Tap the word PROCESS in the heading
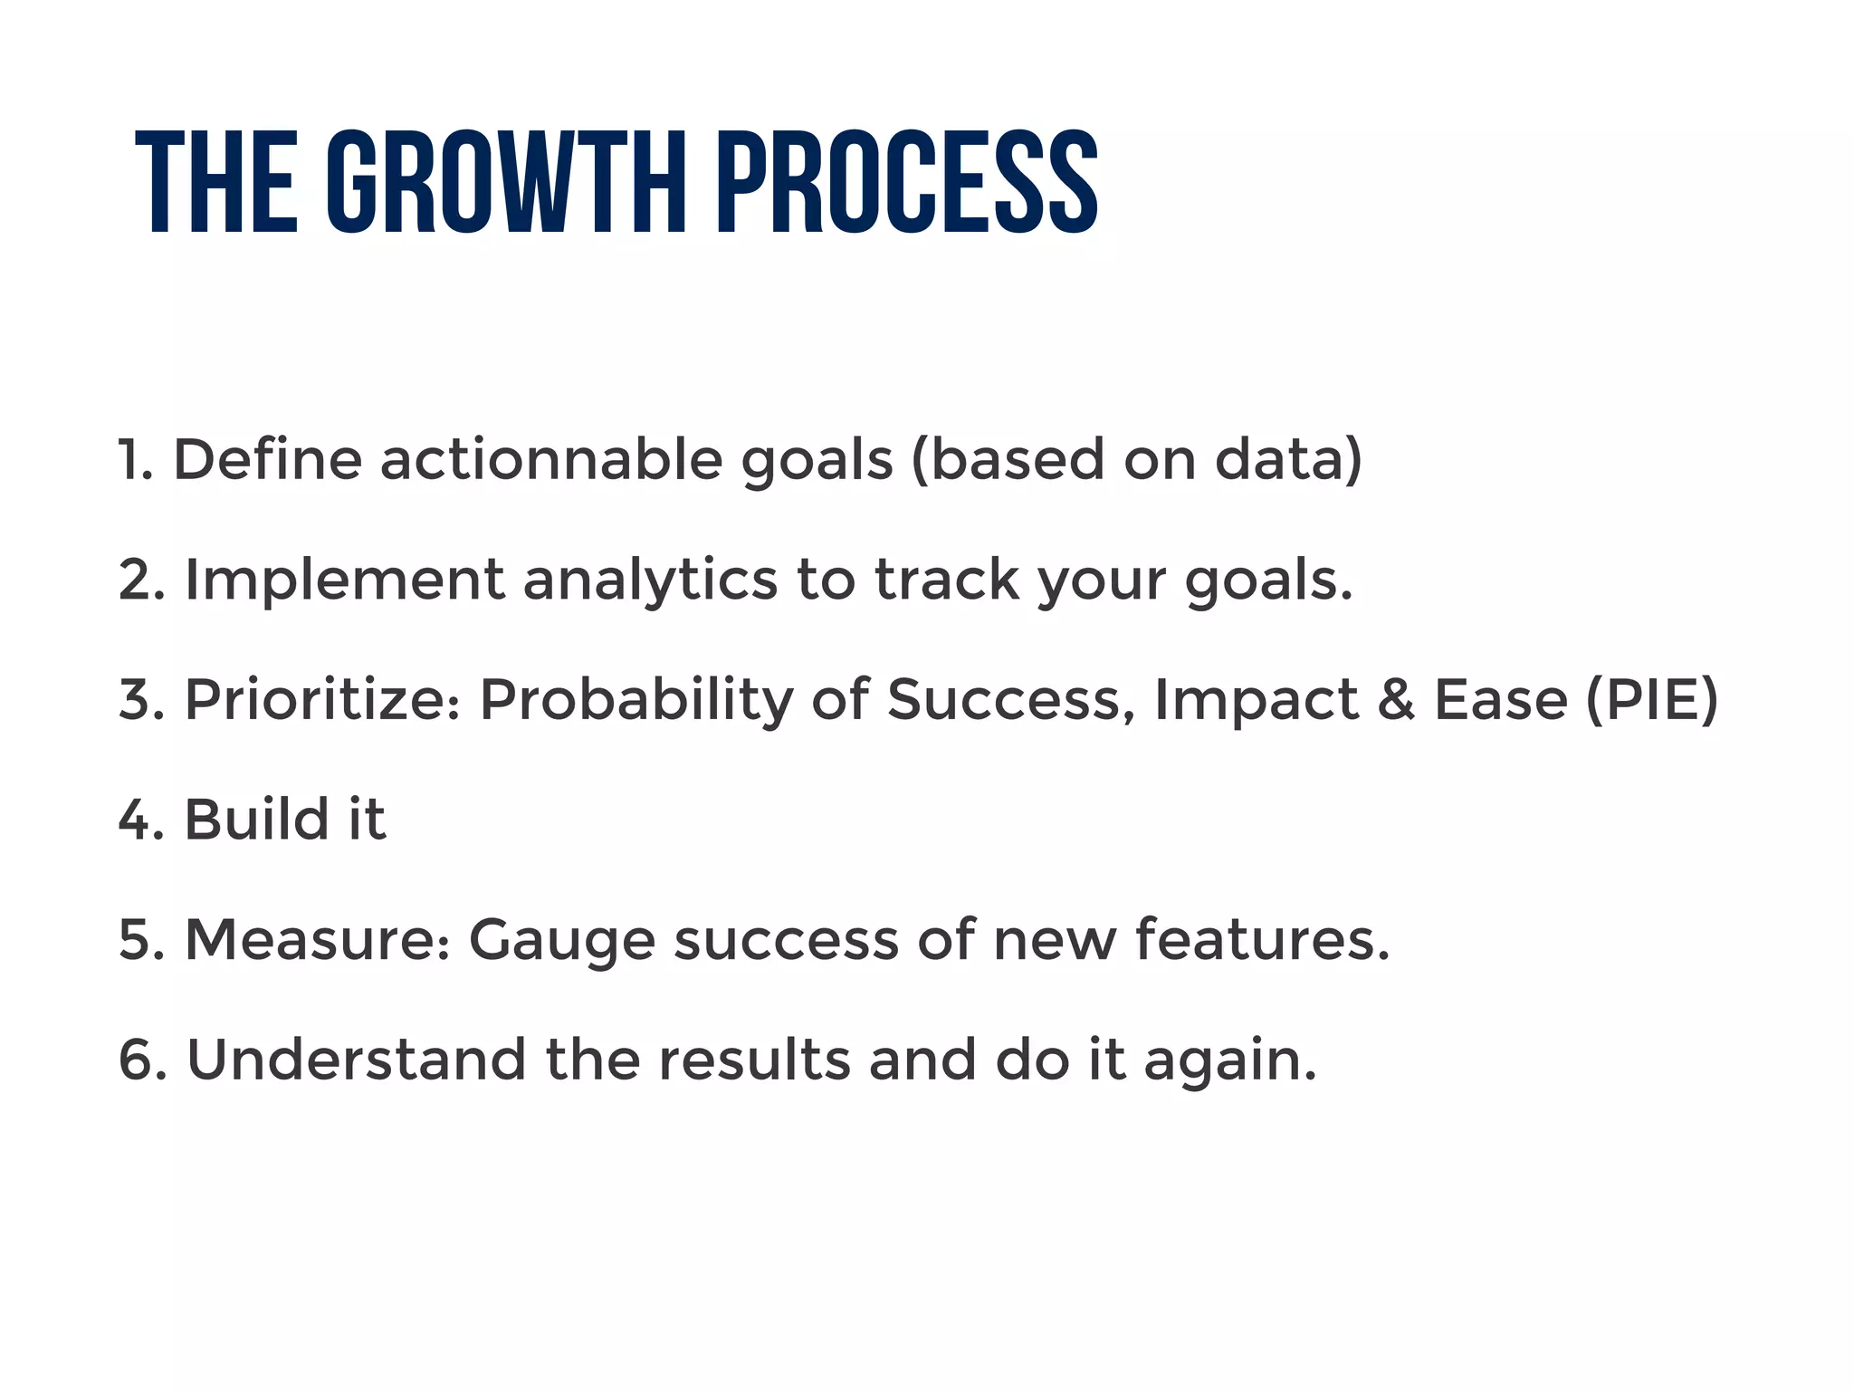[x=907, y=183]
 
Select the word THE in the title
[x=216, y=183]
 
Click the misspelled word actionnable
[x=550, y=459]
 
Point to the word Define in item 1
[x=267, y=459]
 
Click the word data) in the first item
[x=1287, y=459]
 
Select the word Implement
[x=344, y=580]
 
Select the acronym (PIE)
[x=1651, y=700]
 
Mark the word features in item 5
[x=1260, y=940]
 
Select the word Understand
[x=356, y=1060]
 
